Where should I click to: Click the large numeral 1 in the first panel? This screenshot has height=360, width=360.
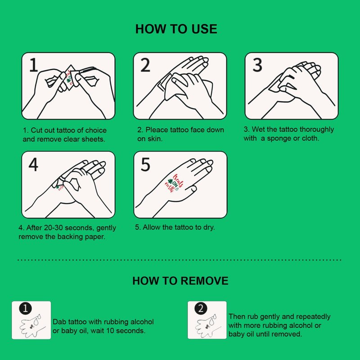(x=34, y=65)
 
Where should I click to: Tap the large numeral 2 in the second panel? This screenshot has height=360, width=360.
(x=145, y=65)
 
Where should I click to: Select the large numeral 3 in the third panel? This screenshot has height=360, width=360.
(x=257, y=65)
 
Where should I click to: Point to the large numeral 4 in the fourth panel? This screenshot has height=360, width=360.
(x=33, y=164)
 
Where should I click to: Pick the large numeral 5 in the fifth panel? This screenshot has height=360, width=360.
(x=145, y=164)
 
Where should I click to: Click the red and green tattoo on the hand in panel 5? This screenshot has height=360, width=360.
(x=174, y=184)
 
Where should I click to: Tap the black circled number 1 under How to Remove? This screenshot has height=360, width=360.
(x=25, y=308)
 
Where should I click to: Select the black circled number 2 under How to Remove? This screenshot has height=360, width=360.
(x=201, y=308)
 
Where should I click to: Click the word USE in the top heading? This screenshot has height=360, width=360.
(x=204, y=29)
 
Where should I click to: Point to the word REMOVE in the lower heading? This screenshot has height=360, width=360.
(x=205, y=281)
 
